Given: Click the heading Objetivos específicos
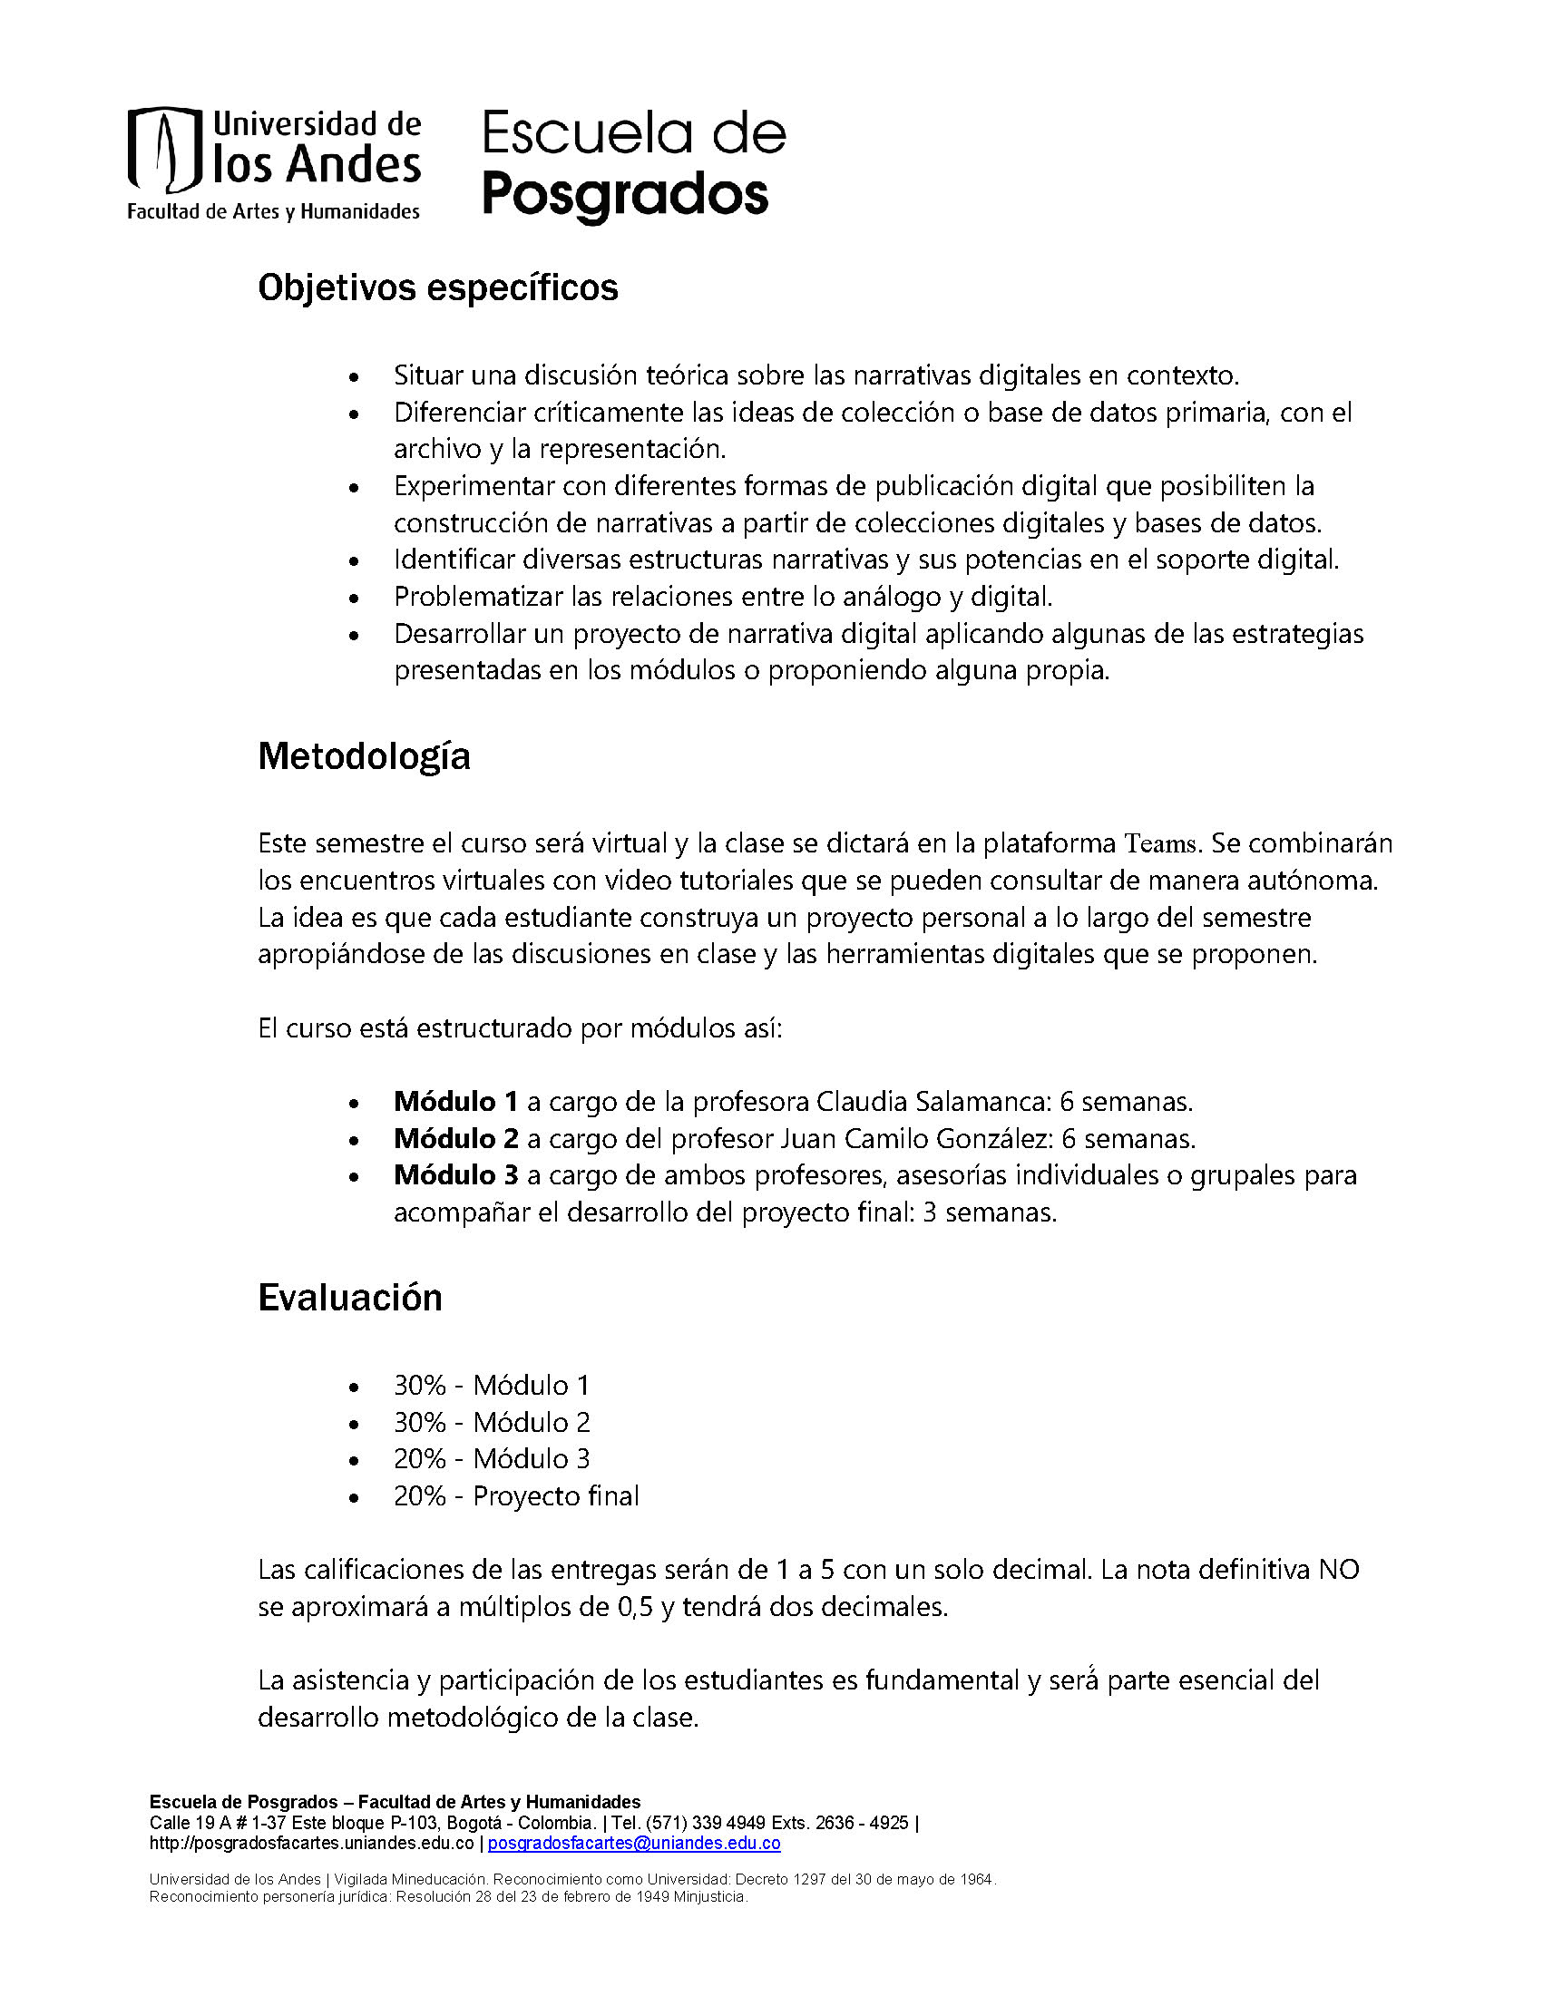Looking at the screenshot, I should [438, 287].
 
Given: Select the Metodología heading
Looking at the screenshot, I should [364, 756].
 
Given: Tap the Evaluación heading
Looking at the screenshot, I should [350, 1298].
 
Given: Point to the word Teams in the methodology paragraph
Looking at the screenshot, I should [1160, 843].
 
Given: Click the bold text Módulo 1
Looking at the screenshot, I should [455, 1101].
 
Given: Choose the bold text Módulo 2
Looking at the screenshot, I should [455, 1139].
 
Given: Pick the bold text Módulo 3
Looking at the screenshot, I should [455, 1175].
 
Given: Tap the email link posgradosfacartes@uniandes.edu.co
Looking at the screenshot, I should [634, 1844].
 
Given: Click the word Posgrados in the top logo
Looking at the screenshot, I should [625, 195].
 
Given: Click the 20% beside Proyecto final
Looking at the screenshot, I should [420, 1496].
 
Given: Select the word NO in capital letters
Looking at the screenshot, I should [1338, 1570].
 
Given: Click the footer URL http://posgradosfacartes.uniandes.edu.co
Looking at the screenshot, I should [312, 1844].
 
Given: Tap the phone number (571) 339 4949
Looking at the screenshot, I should [706, 1824].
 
